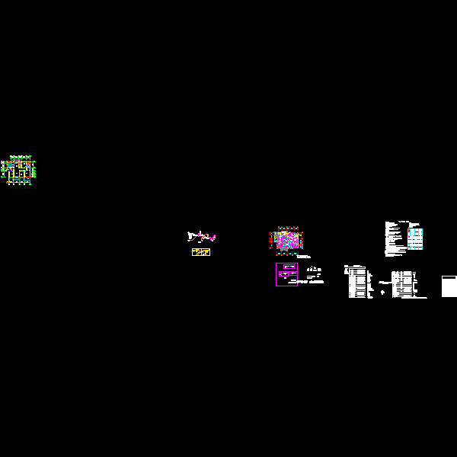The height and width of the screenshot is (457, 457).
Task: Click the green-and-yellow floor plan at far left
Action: [x=19, y=170]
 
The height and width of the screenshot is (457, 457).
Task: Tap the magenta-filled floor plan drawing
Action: [x=287, y=241]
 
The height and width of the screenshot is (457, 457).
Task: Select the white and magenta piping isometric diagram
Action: [x=202, y=237]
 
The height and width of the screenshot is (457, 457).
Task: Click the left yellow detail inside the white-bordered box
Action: [x=197, y=252]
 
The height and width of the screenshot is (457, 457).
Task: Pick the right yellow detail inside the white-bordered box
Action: [x=206, y=252]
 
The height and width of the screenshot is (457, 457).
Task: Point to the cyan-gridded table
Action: [x=415, y=238]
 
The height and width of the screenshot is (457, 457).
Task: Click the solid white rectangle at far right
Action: [x=449, y=287]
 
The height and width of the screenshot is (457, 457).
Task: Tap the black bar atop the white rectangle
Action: [x=449, y=276]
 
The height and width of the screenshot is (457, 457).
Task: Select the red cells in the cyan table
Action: [x=412, y=233]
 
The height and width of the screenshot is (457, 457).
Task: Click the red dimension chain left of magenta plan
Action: [x=270, y=241]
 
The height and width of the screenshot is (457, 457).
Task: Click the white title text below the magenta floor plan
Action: [x=305, y=257]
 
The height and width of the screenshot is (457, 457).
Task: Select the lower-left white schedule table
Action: [x=358, y=282]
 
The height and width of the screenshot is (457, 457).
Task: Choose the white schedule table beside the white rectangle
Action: [x=404, y=283]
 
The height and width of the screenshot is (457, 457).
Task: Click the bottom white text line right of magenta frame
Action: [x=315, y=283]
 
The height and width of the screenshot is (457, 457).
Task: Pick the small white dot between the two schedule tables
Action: [x=382, y=292]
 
